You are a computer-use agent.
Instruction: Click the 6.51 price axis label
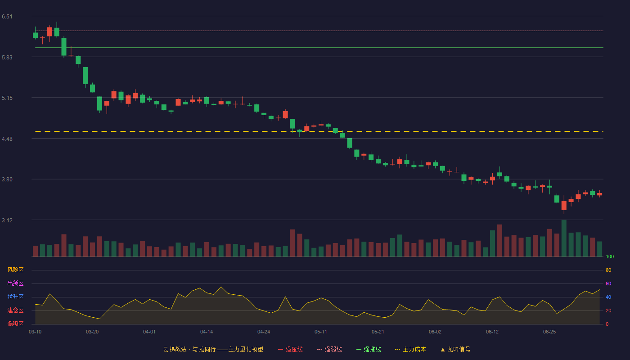[x=7, y=17]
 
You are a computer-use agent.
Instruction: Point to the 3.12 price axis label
[x=7, y=220]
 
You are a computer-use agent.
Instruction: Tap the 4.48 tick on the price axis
[x=7, y=139]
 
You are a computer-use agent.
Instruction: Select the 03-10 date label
[x=35, y=332]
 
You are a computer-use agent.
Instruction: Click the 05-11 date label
[x=320, y=332]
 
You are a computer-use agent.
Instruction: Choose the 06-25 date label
[x=549, y=332]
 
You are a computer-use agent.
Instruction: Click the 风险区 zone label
[x=15, y=270]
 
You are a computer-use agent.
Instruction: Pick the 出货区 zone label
[x=15, y=283]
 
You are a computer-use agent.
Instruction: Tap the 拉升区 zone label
[x=15, y=297]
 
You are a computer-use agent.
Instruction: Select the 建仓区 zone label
[x=15, y=310]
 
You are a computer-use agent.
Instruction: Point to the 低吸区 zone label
[x=15, y=324]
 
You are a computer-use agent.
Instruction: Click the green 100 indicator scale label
[x=610, y=256]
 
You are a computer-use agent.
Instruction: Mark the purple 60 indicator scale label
[x=608, y=283]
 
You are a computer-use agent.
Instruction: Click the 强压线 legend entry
[x=290, y=349]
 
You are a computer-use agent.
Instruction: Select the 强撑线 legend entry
[x=369, y=349]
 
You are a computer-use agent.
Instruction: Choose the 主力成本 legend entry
[x=410, y=349]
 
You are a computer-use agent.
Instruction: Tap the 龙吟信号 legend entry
[x=455, y=349]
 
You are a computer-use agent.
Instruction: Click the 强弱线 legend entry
[x=329, y=349]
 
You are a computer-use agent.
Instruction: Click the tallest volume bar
[x=564, y=238]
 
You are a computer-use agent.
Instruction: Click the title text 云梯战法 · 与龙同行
[x=189, y=349]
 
